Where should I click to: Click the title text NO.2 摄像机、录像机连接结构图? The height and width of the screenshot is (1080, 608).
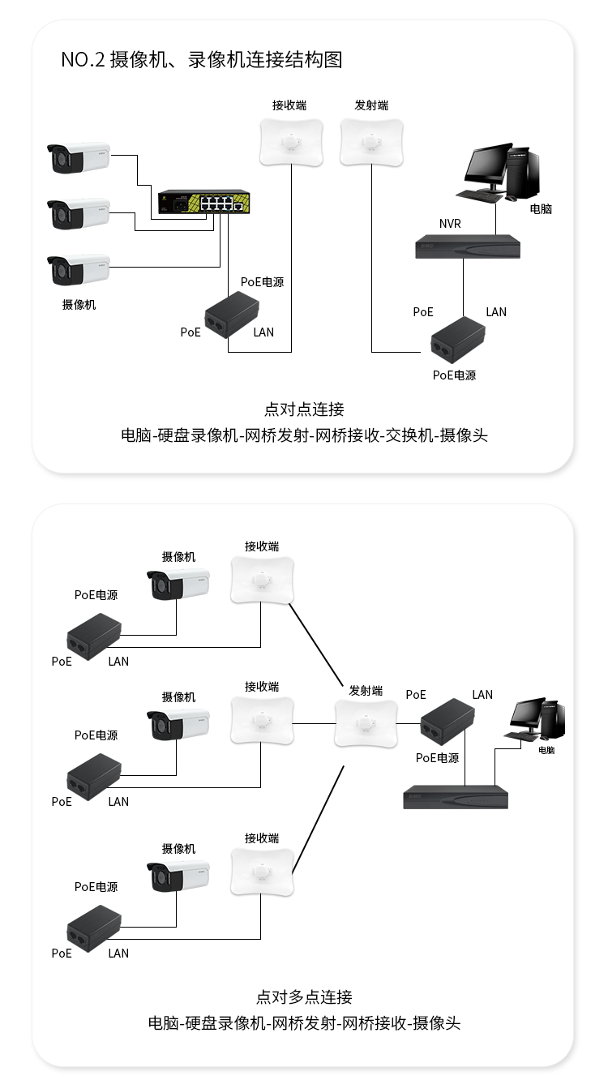pyautogui.click(x=202, y=59)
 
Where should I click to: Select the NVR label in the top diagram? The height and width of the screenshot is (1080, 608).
pyautogui.click(x=450, y=224)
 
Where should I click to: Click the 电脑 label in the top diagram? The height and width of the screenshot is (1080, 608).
pyautogui.click(x=541, y=208)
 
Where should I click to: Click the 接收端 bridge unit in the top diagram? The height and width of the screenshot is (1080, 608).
pyautogui.click(x=291, y=143)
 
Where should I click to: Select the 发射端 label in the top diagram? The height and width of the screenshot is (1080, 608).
pyautogui.click(x=371, y=105)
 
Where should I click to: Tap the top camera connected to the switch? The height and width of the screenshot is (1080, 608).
pyautogui.click(x=78, y=157)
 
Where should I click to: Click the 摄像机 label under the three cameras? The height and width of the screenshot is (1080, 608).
pyautogui.click(x=79, y=305)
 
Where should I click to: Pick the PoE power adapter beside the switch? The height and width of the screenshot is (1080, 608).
pyautogui.click(x=232, y=315)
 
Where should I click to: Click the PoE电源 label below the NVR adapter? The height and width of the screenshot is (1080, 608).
pyautogui.click(x=454, y=375)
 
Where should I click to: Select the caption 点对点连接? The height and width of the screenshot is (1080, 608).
pyautogui.click(x=304, y=409)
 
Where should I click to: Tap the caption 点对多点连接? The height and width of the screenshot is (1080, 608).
pyautogui.click(x=304, y=996)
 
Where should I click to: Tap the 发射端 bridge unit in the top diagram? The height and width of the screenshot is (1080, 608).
pyautogui.click(x=372, y=143)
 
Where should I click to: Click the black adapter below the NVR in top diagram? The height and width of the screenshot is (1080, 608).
pyautogui.click(x=458, y=341)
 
